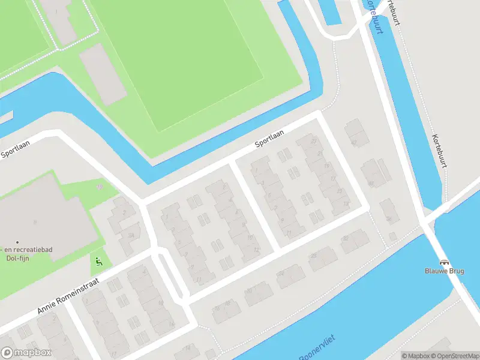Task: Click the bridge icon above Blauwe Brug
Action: (443, 262)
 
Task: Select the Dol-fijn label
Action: (18, 258)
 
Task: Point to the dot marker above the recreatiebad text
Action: (17, 241)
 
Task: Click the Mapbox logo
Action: (26, 353)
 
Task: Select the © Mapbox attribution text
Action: (415, 356)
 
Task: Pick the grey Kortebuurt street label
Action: (439, 150)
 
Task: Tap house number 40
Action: (371, 183)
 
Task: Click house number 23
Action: (315, 142)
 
